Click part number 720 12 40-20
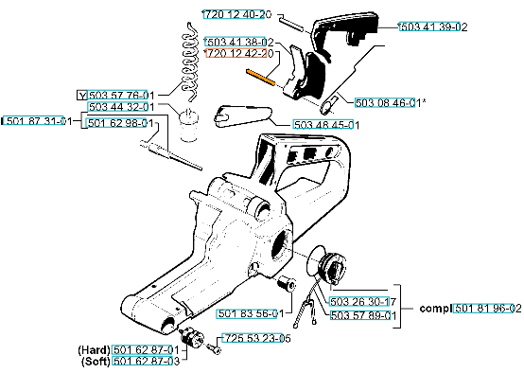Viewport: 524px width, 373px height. pyautogui.click(x=237, y=14)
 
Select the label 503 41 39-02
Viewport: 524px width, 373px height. pyautogui.click(x=433, y=27)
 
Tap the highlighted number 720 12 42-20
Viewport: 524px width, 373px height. pyautogui.click(x=239, y=53)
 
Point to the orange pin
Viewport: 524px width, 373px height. pyautogui.click(x=260, y=78)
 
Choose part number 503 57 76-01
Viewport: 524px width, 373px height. pyautogui.click(x=122, y=96)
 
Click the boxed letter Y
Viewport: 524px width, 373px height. pyautogui.click(x=82, y=96)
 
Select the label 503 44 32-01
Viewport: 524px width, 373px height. pyautogui.click(x=122, y=107)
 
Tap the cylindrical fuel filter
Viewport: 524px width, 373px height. pyautogui.click(x=189, y=126)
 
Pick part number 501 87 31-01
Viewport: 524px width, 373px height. pyautogui.click(x=37, y=121)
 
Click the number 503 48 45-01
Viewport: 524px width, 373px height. pyautogui.click(x=326, y=125)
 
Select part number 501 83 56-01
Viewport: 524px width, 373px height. pyautogui.click(x=251, y=313)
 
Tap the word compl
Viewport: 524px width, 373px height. pyautogui.click(x=435, y=308)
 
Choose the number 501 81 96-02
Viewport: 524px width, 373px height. pyautogui.click(x=487, y=308)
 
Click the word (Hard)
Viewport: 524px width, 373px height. pyautogui.click(x=94, y=350)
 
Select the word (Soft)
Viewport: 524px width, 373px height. pyautogui.click(x=96, y=362)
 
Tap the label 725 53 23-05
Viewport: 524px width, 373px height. pyautogui.click(x=257, y=338)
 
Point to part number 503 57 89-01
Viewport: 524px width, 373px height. pyautogui.click(x=363, y=315)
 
